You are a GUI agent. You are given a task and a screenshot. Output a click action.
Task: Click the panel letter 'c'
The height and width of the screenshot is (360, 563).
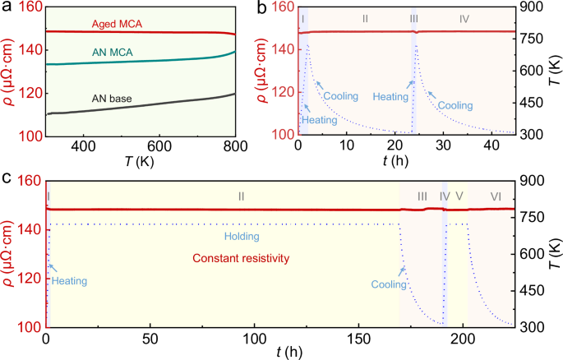(x=7, y=177)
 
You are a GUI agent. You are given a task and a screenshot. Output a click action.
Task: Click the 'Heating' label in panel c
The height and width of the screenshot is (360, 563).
(x=69, y=280)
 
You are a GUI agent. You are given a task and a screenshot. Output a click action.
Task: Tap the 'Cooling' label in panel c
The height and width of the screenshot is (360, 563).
(x=389, y=284)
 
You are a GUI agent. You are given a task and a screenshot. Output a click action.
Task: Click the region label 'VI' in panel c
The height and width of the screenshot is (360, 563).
(x=496, y=196)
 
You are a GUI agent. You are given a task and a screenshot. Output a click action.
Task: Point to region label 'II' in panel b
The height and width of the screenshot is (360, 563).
(x=365, y=17)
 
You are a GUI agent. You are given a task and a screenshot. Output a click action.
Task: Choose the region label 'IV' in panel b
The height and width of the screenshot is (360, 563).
(x=464, y=17)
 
